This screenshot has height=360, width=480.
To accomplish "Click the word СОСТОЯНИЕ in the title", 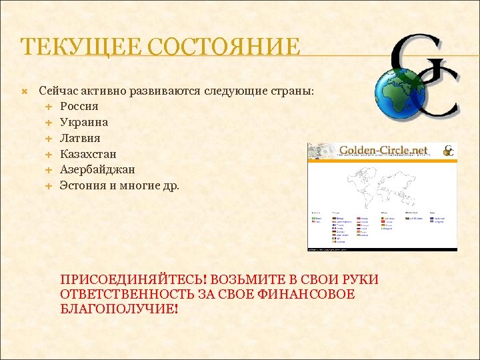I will pyautogui.click(x=223, y=48).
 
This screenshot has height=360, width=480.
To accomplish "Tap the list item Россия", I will pyautogui.click(x=79, y=107).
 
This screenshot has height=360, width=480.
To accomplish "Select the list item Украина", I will pyautogui.click(x=84, y=123).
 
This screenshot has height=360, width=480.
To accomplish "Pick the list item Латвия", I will pyautogui.click(x=80, y=139).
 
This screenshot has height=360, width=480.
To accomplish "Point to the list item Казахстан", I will pyautogui.click(x=87, y=155).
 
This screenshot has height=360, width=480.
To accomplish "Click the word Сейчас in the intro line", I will pyautogui.click(x=57, y=91).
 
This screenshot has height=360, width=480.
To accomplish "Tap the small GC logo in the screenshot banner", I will pyautogui.click(x=449, y=151).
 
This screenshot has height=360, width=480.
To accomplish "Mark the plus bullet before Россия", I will pyautogui.click(x=49, y=107).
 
